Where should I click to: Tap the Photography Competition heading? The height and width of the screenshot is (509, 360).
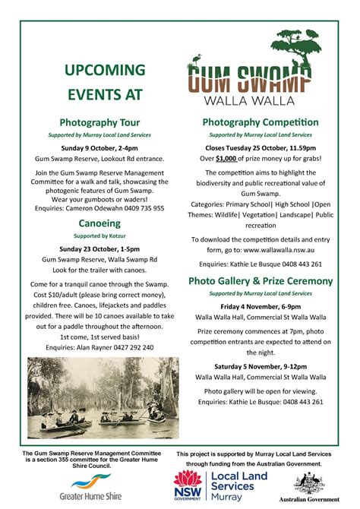point(261,122)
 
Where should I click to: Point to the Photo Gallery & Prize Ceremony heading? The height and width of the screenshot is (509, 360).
point(261,280)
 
